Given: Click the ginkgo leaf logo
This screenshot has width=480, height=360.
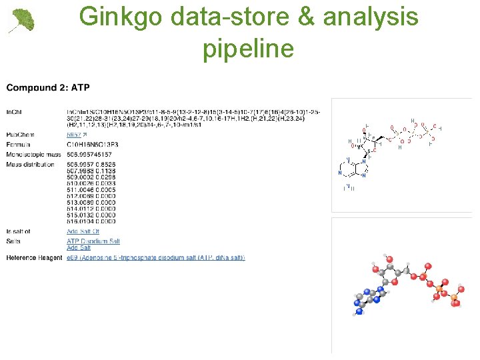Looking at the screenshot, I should coord(21,21).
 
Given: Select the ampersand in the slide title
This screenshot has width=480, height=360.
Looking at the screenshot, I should coord(307,17).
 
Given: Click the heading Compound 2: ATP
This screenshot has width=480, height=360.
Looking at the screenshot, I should coord(48,87).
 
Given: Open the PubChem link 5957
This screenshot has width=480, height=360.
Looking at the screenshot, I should coord(74,135).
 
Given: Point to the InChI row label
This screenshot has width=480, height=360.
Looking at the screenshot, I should coord(13,111).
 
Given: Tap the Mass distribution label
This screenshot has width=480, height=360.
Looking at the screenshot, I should coord(31,164).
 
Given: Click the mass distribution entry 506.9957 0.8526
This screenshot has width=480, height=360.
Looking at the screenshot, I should coord(91,164).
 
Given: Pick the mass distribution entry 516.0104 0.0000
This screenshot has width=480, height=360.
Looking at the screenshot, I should coord(91,221).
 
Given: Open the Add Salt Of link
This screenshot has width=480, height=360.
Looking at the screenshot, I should coord(83,232).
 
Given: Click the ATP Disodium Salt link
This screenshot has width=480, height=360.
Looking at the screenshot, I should coord(93,241).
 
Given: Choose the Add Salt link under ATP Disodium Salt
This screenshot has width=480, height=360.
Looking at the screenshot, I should coord(79,248).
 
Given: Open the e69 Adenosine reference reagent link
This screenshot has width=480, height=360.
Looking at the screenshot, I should coord(155,257).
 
